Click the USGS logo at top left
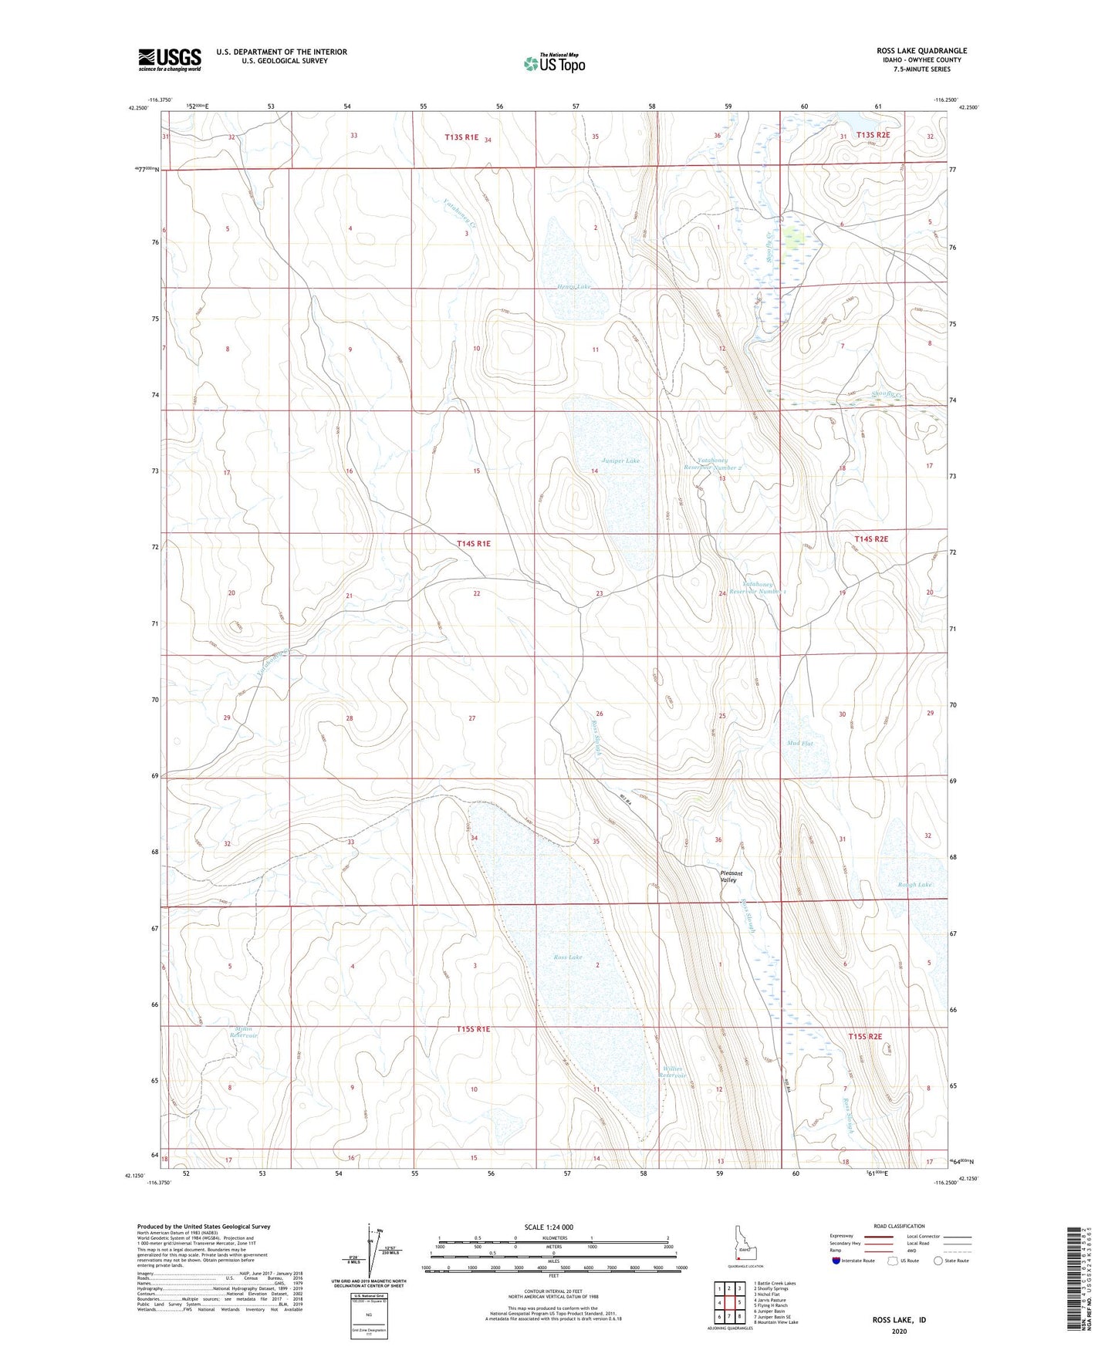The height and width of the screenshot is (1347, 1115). (x=169, y=59)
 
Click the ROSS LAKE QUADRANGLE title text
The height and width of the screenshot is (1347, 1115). (x=921, y=51)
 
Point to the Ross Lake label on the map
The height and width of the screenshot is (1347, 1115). (x=568, y=957)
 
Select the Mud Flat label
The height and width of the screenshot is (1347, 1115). (x=799, y=744)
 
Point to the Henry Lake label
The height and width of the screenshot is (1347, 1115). (x=573, y=287)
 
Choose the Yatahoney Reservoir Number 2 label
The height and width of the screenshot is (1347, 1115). (x=712, y=464)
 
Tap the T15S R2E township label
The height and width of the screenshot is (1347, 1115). (x=864, y=1037)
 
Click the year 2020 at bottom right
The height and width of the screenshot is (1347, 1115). (x=899, y=1331)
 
